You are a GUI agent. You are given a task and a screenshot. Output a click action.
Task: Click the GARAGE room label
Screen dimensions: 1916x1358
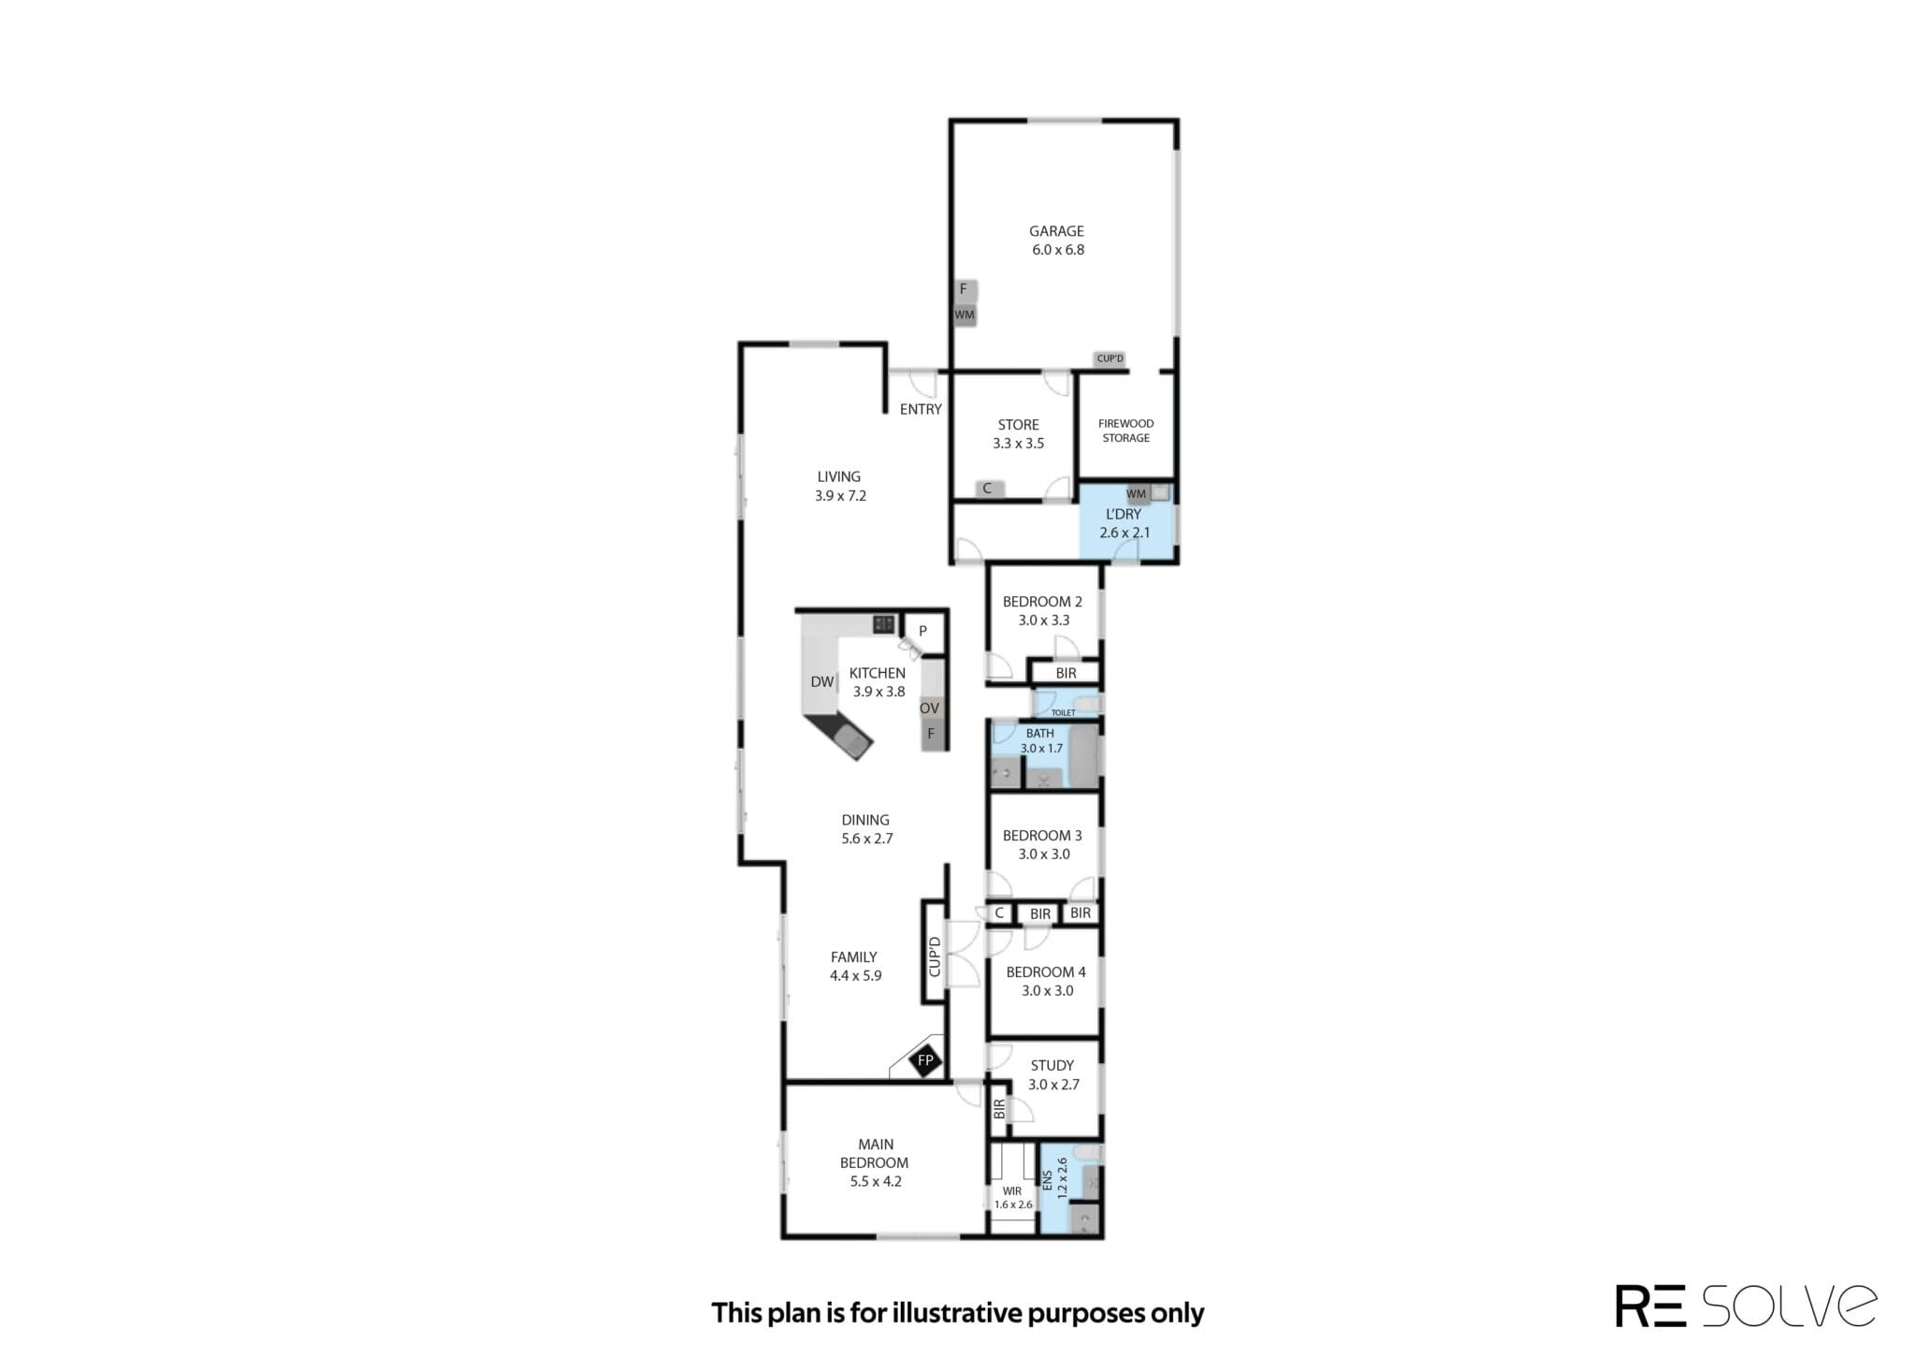pos(1056,231)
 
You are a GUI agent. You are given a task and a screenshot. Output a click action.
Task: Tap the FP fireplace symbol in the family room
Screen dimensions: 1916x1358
pos(925,1060)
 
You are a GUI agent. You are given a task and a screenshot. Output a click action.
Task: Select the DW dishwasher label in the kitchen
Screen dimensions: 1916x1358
pos(821,681)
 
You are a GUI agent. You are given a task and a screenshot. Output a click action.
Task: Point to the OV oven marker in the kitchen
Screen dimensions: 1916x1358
pos(929,708)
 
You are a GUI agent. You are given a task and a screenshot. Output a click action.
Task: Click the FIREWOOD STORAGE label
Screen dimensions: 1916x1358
pos(1125,431)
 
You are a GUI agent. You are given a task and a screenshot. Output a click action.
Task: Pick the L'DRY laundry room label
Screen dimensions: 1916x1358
pos(1124,514)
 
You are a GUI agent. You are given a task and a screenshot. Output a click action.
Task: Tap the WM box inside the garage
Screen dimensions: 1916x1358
pos(965,315)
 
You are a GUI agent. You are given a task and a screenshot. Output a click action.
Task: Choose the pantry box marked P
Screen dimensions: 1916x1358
pos(922,631)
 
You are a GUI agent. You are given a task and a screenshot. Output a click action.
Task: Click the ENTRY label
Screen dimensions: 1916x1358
pos(921,409)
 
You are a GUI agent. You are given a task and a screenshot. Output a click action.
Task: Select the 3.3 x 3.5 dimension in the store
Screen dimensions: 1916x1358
pos(1018,444)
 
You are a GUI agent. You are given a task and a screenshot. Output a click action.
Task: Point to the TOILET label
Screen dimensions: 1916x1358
pos(1063,713)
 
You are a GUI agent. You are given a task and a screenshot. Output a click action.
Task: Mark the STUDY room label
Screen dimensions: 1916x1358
pos(1052,1065)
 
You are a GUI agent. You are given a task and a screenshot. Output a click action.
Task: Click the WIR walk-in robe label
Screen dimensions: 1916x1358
pos(1011,1191)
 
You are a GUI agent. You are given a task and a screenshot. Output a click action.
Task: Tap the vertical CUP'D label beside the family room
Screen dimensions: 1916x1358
pos(934,956)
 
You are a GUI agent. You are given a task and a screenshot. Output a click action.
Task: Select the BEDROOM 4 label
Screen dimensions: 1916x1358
pos(1046,972)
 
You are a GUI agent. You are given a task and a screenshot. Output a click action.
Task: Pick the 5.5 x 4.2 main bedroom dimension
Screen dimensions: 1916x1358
pos(876,1181)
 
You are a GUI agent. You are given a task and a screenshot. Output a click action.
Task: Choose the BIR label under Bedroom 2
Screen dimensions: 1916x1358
pos(1066,673)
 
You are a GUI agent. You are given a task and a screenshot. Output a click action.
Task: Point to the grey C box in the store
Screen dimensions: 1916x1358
pos(987,489)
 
